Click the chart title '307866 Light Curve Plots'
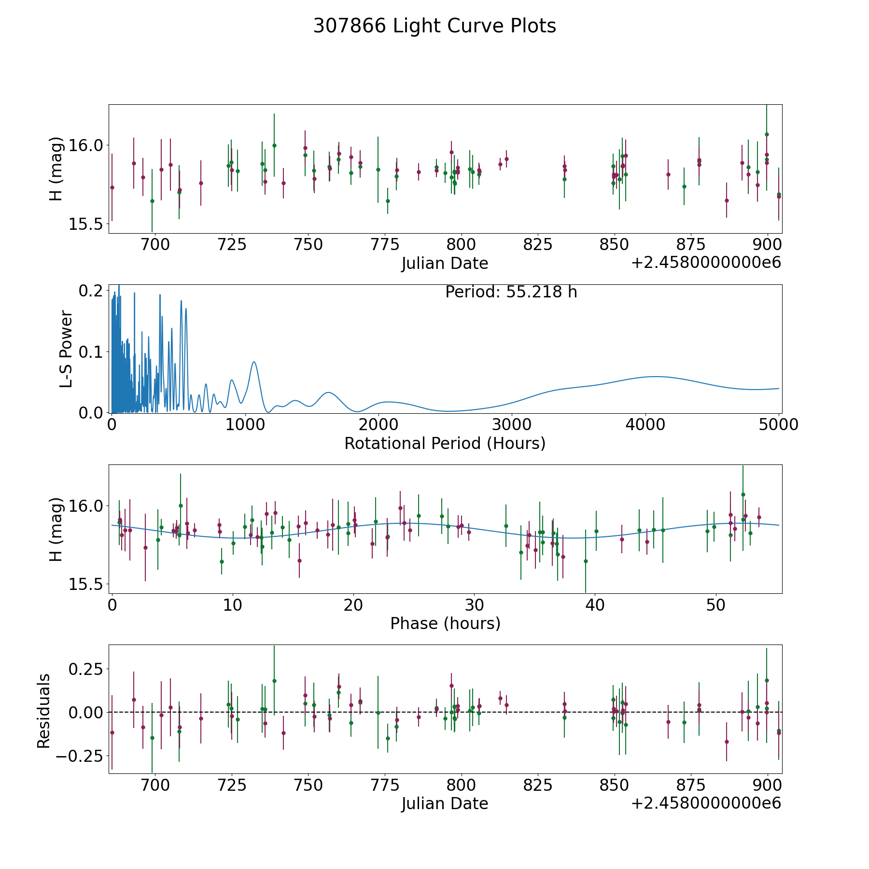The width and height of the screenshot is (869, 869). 434,26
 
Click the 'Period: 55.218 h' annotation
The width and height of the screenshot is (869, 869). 511,292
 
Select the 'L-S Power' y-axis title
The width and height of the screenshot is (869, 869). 66,349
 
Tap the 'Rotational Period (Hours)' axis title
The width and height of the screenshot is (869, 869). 445,443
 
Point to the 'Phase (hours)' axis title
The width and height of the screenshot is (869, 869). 445,623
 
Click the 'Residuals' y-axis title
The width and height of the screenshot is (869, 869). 44,711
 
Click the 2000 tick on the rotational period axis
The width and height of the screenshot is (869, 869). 378,425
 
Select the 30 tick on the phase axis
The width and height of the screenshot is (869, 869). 474,605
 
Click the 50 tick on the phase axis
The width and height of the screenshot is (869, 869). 715,605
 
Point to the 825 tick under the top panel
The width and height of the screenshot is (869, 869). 538,245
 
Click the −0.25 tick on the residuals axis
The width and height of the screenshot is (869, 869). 79,756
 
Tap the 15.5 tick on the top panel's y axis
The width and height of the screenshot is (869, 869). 86,224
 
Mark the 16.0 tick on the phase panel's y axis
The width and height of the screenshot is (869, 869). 86,506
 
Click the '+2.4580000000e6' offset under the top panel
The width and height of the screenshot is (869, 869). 706,263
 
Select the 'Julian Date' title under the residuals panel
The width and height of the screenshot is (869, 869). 445,803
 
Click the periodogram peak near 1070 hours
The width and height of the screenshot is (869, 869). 254,362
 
